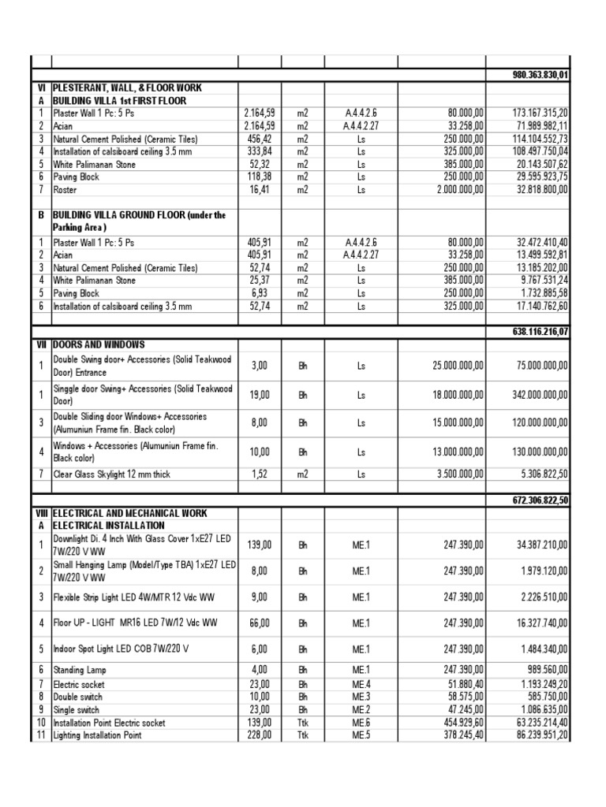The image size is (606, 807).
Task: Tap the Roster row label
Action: click(x=65, y=190)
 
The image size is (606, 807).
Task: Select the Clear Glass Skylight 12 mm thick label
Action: click(x=111, y=474)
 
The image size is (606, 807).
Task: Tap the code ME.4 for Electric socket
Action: click(x=361, y=685)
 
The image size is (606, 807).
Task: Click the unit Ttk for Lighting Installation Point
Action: click(x=302, y=735)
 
